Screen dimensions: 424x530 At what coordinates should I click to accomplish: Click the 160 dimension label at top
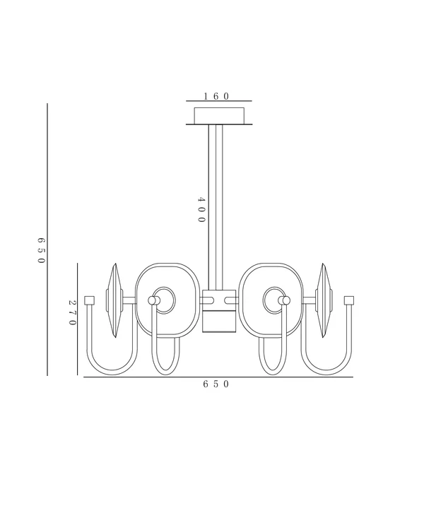click(x=216, y=96)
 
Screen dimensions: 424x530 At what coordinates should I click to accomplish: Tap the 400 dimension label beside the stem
click(x=201, y=210)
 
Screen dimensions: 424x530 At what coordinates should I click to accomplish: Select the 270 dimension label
click(x=72, y=312)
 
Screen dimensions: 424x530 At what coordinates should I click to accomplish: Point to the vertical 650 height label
click(x=41, y=250)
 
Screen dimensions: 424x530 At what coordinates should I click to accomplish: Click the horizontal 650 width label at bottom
click(x=216, y=384)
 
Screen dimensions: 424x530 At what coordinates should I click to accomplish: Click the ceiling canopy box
click(x=219, y=116)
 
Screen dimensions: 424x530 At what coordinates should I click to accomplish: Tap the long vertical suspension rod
click(x=216, y=207)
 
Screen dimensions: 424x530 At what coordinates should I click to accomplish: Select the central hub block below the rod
click(x=219, y=311)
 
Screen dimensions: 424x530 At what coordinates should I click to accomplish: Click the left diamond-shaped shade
click(x=115, y=300)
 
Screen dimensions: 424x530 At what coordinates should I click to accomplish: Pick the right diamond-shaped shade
click(x=324, y=300)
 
